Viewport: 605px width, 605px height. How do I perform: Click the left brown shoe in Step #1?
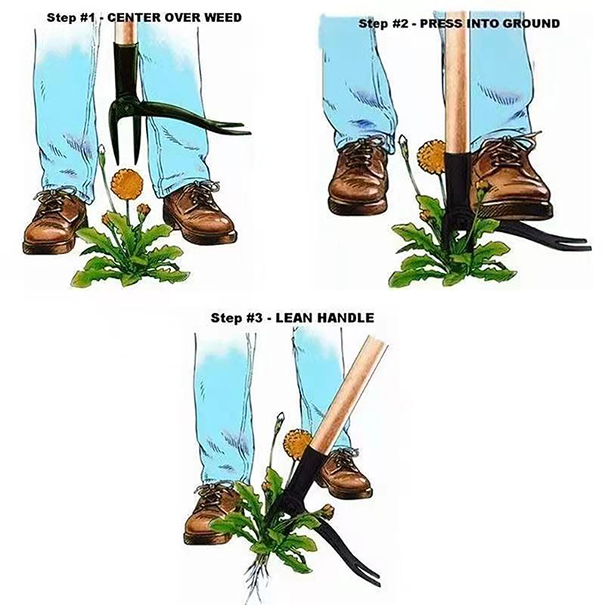[x=54, y=222]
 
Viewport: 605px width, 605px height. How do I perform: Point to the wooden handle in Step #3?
[x=348, y=394]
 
